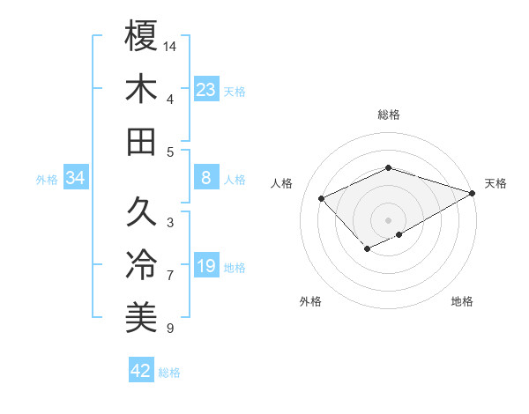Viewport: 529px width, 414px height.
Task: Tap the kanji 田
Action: tap(142, 141)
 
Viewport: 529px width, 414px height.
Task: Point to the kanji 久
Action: tap(142, 211)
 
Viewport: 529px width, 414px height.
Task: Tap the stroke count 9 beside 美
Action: tap(169, 329)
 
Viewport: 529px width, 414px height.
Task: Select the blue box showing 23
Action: tap(206, 90)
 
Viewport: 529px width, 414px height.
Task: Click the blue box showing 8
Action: tap(206, 179)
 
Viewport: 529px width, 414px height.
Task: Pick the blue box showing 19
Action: tap(206, 267)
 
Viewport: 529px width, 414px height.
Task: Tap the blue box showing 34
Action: tap(76, 179)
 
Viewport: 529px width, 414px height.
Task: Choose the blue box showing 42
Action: tap(141, 371)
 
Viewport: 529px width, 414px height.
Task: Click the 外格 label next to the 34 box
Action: tap(47, 180)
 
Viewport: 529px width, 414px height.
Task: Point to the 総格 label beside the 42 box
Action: tap(169, 373)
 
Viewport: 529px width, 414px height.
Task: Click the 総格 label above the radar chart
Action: tap(388, 115)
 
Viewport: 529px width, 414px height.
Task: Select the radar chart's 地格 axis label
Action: tap(462, 302)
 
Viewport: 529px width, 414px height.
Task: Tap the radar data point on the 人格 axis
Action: tap(322, 198)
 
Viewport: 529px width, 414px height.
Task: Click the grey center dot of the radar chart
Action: tap(388, 219)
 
